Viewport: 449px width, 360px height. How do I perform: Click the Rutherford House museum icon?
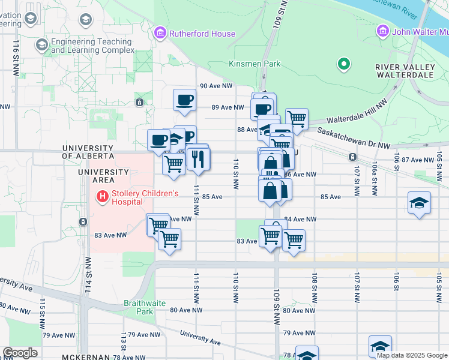(160, 33)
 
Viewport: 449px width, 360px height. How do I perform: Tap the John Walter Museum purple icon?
(382, 31)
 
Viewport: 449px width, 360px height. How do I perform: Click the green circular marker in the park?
(343, 63)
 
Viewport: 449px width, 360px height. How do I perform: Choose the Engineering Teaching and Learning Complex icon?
(41, 44)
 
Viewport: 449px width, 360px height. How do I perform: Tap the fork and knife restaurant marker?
(197, 158)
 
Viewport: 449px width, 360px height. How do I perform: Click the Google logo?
(19, 353)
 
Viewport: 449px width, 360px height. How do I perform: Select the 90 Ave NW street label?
(216, 86)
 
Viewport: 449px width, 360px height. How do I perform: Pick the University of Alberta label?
(88, 152)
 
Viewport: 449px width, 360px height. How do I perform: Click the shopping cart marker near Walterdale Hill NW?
(297, 119)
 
